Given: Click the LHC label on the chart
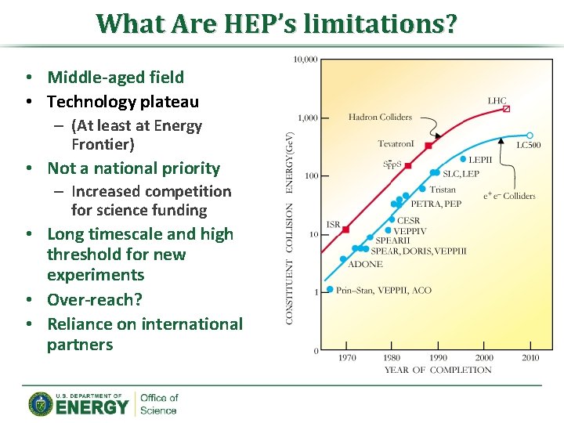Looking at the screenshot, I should click(x=497, y=101).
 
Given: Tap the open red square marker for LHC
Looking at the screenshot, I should click(x=506, y=109).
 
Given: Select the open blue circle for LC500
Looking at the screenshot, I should click(x=530, y=136).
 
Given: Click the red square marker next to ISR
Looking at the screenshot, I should click(x=345, y=230).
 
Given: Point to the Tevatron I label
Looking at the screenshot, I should click(x=396, y=143).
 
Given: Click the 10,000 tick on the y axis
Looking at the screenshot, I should click(x=305, y=60).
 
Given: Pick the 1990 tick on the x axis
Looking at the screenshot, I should click(x=438, y=358).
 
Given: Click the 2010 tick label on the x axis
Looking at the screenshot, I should click(x=530, y=358).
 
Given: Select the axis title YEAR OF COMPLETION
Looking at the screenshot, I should click(x=438, y=370).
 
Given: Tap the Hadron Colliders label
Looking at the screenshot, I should click(x=380, y=117).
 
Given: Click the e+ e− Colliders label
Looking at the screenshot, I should click(x=510, y=196).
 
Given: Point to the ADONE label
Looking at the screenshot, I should click(x=364, y=264).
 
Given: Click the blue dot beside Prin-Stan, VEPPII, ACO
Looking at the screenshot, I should click(x=330, y=289).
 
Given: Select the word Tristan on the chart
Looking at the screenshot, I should click(x=443, y=189).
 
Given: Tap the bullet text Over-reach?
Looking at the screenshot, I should click(x=95, y=299).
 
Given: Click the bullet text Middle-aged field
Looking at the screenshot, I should click(x=115, y=77).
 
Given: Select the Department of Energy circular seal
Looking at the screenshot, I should click(x=41, y=403).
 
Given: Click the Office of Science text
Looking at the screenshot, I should click(x=159, y=403).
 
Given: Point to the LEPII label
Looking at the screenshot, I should click(x=480, y=160).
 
